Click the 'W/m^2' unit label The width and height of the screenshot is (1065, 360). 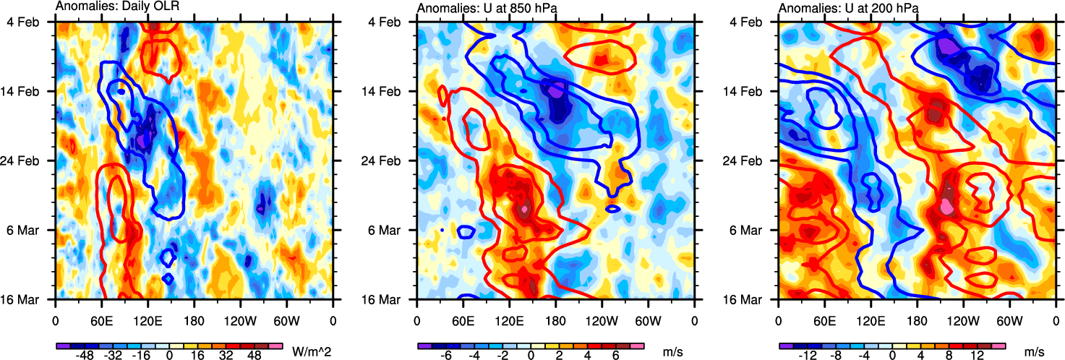(x=309, y=352)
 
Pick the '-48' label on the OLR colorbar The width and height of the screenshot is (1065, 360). (x=85, y=357)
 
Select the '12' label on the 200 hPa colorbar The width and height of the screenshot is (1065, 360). (x=978, y=357)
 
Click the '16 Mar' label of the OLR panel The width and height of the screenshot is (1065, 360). (x=29, y=299)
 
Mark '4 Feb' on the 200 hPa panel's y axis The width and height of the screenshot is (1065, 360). (x=755, y=22)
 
